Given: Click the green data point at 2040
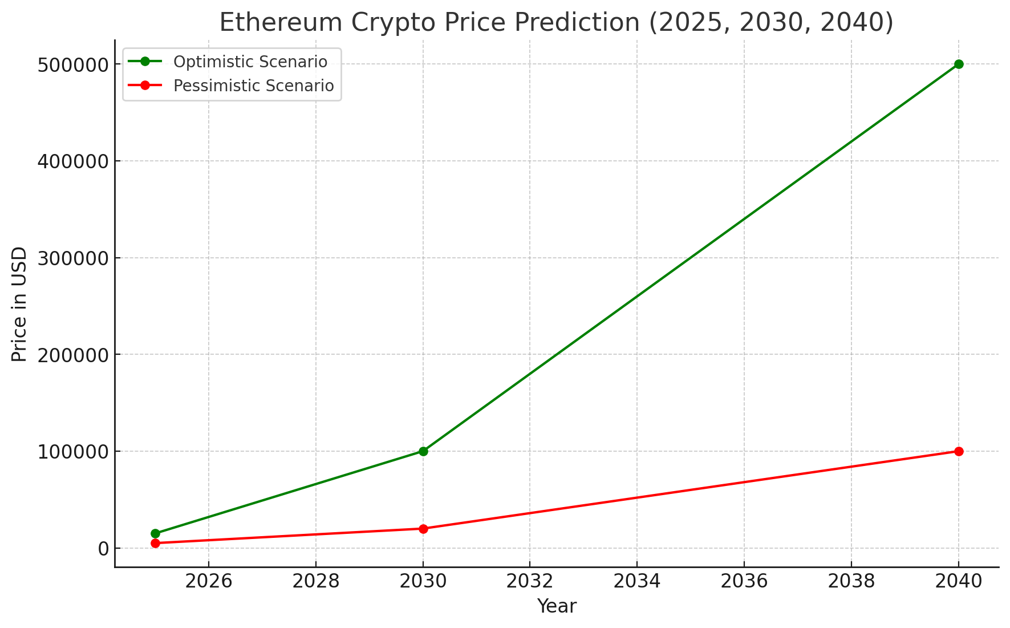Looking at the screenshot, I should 959,64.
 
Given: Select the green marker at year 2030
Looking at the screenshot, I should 423,451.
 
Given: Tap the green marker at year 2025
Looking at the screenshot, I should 155,533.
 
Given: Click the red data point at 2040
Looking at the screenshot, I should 959,451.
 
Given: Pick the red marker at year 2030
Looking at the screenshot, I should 423,529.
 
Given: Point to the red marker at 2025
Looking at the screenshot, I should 155,543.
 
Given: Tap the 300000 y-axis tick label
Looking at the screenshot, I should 72,258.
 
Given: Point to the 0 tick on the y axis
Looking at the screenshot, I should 103,549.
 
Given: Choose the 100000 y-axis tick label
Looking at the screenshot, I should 72,452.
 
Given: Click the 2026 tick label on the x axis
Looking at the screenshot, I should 209,581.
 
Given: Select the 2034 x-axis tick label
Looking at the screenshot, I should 637,581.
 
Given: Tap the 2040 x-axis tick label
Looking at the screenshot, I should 958,581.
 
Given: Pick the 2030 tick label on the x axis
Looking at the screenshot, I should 423,581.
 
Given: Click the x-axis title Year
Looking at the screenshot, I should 557,606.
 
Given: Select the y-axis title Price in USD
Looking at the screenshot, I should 19,304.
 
